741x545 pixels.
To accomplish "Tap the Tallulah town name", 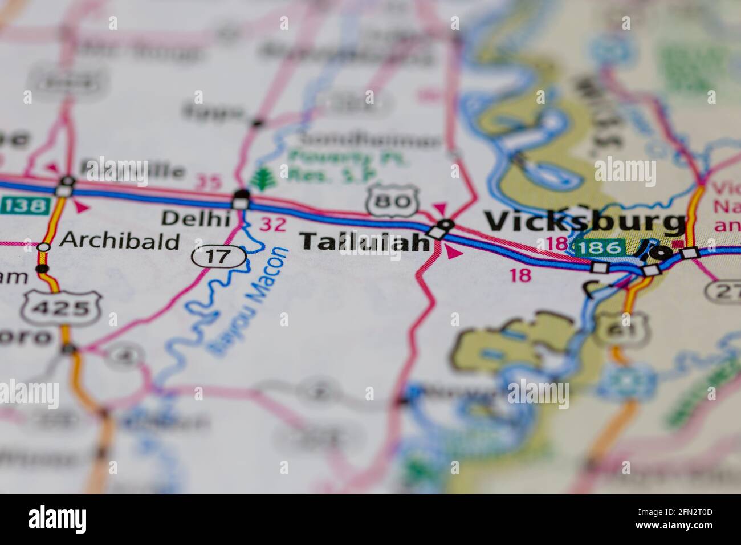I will tap(365, 242).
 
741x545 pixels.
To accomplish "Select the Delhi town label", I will tap(196, 218).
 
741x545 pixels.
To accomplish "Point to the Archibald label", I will tap(120, 241).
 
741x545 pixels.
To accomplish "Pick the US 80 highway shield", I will tap(392, 200).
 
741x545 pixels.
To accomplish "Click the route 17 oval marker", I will tap(219, 257).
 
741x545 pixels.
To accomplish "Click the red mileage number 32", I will tap(272, 225).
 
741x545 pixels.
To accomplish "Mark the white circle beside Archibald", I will tap(44, 247).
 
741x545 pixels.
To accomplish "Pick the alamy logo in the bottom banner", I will tap(58, 519).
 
